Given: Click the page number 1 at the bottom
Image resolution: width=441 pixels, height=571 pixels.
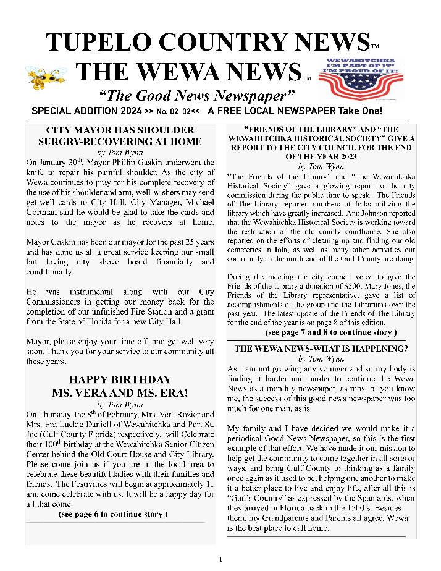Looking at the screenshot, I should (220, 559).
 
